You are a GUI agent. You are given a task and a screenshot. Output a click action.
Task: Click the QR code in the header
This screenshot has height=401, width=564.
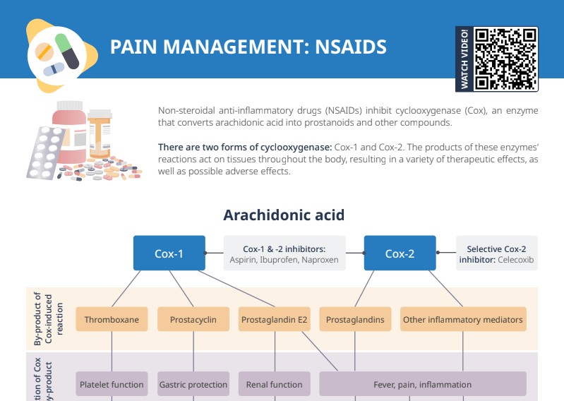click(505, 59)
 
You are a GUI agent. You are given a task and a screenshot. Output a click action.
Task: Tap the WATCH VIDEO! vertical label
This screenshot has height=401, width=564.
click(464, 59)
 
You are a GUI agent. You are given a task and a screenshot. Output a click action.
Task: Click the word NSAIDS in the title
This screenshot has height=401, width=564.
click(351, 47)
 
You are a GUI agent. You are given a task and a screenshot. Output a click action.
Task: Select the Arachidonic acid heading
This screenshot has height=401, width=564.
click(284, 215)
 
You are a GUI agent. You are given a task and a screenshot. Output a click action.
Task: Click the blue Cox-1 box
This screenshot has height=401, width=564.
click(169, 253)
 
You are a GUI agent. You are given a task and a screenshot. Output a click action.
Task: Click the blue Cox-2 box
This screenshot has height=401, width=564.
click(400, 253)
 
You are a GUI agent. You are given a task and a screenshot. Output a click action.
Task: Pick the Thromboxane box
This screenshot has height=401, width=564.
click(112, 320)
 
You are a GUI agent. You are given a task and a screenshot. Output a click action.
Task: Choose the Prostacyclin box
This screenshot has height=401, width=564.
click(193, 320)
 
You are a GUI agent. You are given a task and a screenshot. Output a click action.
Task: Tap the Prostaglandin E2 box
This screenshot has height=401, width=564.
click(275, 320)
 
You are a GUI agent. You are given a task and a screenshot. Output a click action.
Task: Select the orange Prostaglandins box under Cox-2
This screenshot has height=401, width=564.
click(355, 320)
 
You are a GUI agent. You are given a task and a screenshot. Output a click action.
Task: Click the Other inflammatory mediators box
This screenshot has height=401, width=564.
click(462, 320)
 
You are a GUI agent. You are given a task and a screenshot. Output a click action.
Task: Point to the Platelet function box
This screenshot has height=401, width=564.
click(112, 385)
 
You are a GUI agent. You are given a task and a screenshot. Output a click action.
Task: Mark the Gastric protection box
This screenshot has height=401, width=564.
click(193, 385)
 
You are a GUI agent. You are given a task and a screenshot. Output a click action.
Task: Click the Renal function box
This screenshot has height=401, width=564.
click(274, 385)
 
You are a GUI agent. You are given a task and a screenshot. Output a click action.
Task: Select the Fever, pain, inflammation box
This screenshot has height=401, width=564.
click(422, 385)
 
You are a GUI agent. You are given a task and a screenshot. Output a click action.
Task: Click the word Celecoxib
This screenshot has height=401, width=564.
click(515, 260)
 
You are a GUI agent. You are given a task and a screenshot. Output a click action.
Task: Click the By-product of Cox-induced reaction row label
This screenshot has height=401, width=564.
click(49, 319)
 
